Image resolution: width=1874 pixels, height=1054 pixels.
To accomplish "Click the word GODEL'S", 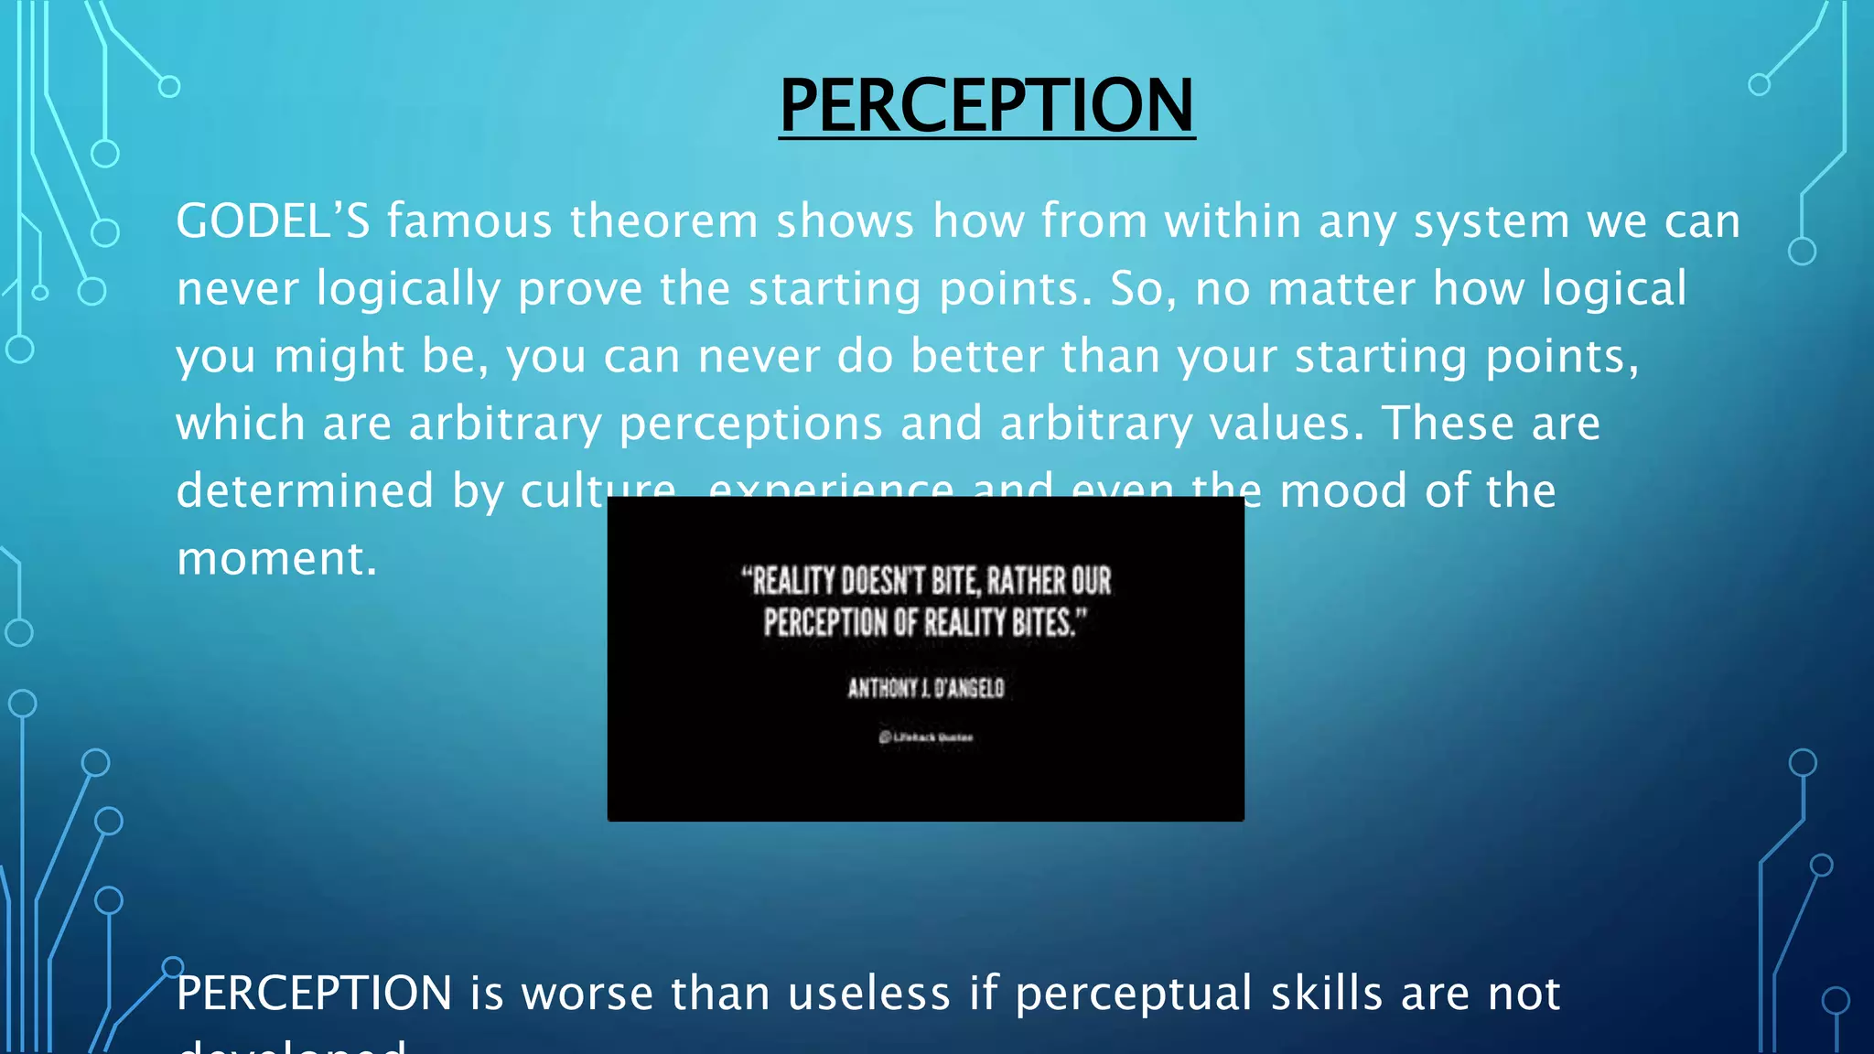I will tap(273, 221).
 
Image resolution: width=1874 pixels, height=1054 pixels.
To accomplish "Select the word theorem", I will tap(664, 221).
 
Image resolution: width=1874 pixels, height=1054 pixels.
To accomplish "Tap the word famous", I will tap(469, 221).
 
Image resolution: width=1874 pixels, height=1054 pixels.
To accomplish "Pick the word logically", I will tap(408, 290).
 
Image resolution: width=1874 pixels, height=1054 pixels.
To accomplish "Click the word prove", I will tap(580, 290).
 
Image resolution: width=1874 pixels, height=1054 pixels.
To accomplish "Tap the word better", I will tap(976, 356).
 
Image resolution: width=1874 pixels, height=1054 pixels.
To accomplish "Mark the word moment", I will tap(276, 559).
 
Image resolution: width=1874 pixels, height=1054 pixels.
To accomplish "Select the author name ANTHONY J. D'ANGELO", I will tap(925, 688).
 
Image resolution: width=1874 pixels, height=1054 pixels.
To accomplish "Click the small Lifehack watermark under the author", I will tap(925, 737).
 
